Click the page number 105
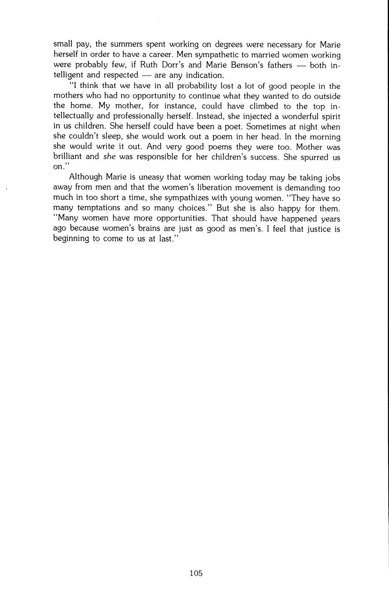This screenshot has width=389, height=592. (195, 573)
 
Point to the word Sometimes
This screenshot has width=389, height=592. (267, 127)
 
